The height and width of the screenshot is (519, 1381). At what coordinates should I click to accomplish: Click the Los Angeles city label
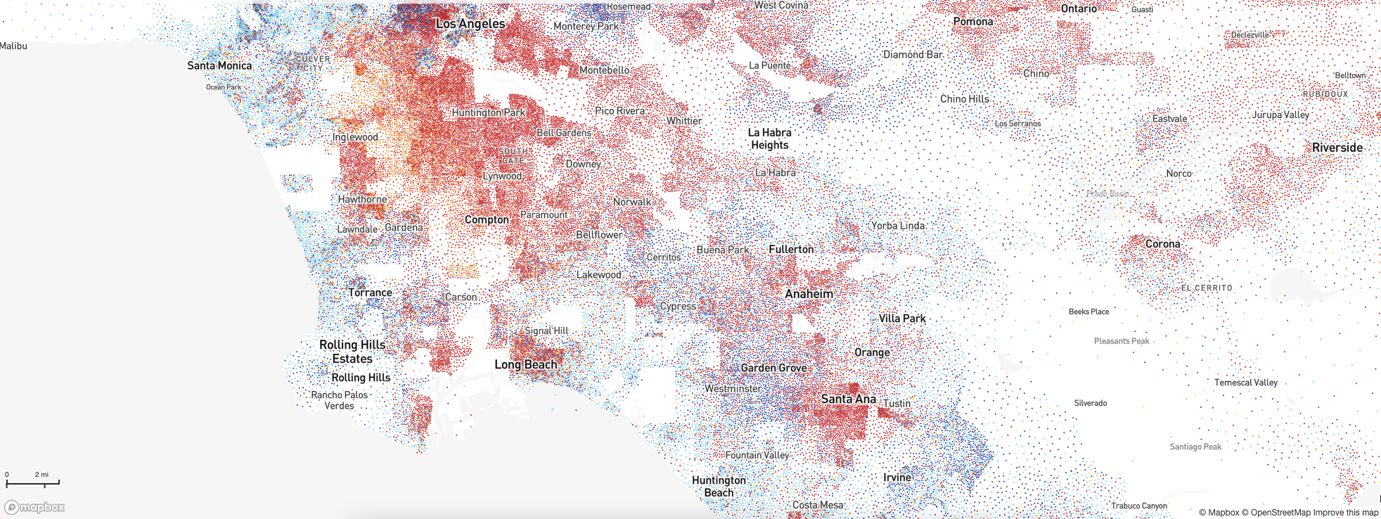tap(470, 24)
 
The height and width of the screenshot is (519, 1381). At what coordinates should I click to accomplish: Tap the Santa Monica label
tap(219, 65)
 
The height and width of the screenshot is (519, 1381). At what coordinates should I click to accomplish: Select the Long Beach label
tap(525, 364)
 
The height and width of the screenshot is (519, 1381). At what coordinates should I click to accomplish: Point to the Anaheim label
tap(809, 294)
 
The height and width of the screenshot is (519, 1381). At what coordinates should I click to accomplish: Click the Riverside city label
tap(1337, 148)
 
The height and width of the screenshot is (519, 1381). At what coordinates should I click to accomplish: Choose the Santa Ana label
tap(848, 399)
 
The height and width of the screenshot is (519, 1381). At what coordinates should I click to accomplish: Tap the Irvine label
tap(897, 478)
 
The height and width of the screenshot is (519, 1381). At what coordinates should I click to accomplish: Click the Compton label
tap(487, 219)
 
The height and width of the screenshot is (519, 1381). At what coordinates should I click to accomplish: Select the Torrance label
tap(370, 293)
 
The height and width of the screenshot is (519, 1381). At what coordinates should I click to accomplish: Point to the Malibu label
tap(14, 46)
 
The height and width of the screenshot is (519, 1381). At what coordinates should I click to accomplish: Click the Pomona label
tap(973, 22)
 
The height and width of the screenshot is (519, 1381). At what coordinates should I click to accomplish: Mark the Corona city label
tap(1162, 244)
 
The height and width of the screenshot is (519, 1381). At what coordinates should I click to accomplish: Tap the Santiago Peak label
tap(1195, 447)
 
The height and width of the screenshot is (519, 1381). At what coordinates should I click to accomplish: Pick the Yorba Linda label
tap(898, 226)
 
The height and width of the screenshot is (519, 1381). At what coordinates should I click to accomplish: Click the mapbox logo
tap(34, 507)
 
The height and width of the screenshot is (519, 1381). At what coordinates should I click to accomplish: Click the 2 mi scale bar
tap(32, 482)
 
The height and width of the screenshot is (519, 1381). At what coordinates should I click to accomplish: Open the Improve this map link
tap(1346, 513)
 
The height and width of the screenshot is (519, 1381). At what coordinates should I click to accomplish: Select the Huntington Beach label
tap(719, 486)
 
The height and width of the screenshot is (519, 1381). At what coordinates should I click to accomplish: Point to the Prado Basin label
tap(1107, 194)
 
